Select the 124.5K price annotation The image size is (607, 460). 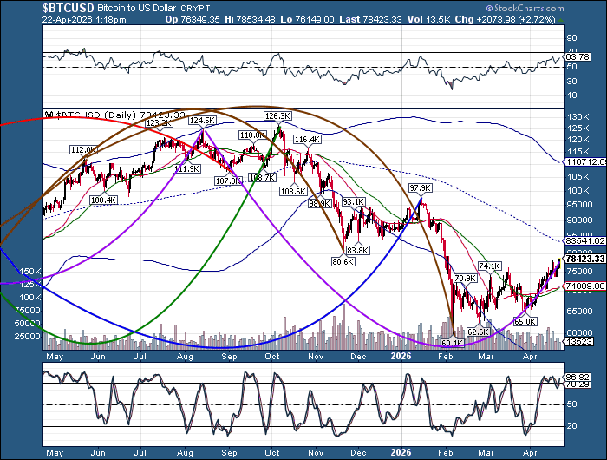pos(202,120)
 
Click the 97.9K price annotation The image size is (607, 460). pos(421,187)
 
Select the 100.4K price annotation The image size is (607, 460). pos(103,200)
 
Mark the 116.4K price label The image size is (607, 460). pos(307,139)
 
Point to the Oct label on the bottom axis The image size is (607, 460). pos(271,356)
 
